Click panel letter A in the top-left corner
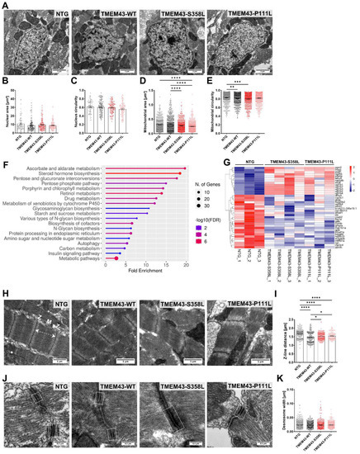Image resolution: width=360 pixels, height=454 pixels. click(5, 5)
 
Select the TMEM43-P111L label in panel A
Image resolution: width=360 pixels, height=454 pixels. click(316, 12)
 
